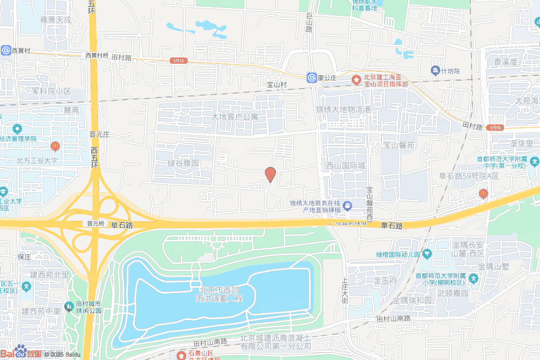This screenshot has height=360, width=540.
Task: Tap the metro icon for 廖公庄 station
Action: tap(312, 78)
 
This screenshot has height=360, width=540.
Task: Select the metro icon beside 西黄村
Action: tap(6, 50)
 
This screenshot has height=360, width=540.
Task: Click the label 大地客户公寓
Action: tap(235, 116)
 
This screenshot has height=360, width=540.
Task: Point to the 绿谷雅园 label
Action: tap(183, 163)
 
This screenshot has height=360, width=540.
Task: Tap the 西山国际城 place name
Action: tap(345, 166)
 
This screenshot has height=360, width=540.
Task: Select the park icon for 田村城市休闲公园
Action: tap(69, 306)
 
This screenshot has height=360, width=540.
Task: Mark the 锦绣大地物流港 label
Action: tap(343, 110)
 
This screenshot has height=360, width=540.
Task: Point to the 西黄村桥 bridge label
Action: tap(97, 55)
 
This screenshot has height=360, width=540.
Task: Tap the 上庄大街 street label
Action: tap(345, 290)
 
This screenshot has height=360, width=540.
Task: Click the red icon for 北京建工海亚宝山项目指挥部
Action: tap(356, 81)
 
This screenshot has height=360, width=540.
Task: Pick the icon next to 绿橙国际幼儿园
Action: tap(426, 255)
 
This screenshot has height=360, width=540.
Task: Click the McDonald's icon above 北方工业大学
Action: tap(54, 145)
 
